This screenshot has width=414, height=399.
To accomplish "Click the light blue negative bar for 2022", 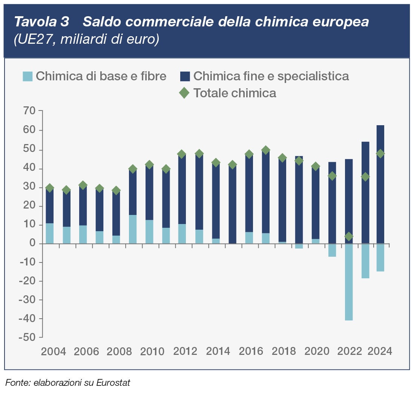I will coord(348,282).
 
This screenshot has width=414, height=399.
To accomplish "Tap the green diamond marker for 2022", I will coord(348,236).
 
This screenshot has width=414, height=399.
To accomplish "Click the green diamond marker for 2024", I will coord(380,153).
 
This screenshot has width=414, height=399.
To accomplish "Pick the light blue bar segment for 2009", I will coord(133,229).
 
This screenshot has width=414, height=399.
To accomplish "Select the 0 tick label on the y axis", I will coord(33,244).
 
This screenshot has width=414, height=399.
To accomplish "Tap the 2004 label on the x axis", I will coord(54,351).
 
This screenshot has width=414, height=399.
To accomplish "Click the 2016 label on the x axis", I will coord(251,351).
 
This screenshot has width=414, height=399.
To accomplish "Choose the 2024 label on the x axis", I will coord(380,351).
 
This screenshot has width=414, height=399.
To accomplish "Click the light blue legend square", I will coord(28,76).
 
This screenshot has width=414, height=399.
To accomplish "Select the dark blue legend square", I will coord(184,76).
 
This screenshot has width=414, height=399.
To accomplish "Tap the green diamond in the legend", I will coord(184,93).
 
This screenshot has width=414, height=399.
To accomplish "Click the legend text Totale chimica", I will coord(235,93).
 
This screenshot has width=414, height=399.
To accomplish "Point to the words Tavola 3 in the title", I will coord(41,22).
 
